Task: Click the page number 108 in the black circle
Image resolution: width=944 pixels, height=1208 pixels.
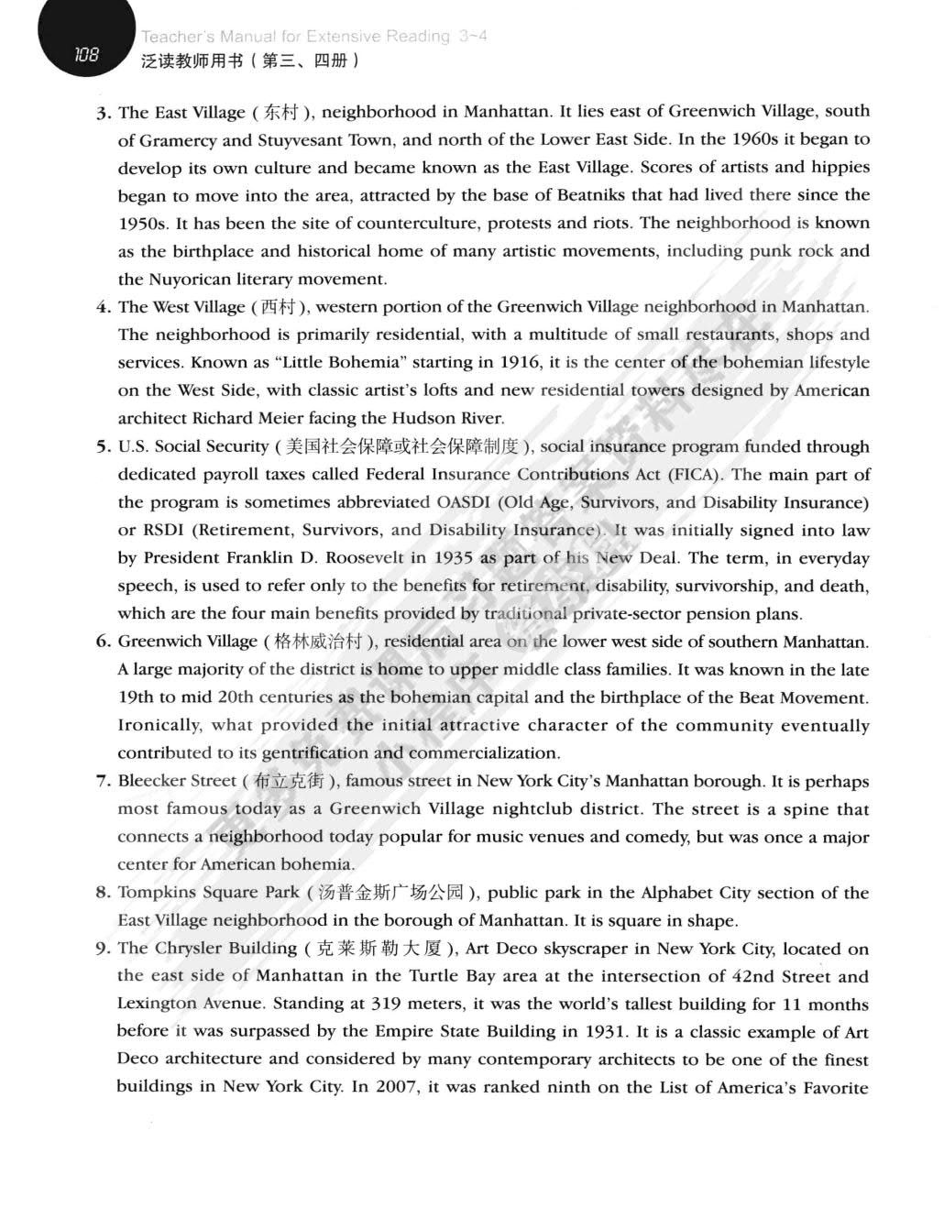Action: (x=86, y=55)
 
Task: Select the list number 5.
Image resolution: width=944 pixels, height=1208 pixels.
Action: (x=104, y=447)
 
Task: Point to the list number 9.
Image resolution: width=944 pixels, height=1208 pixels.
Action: (x=104, y=950)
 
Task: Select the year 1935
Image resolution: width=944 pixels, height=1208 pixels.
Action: (x=454, y=558)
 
